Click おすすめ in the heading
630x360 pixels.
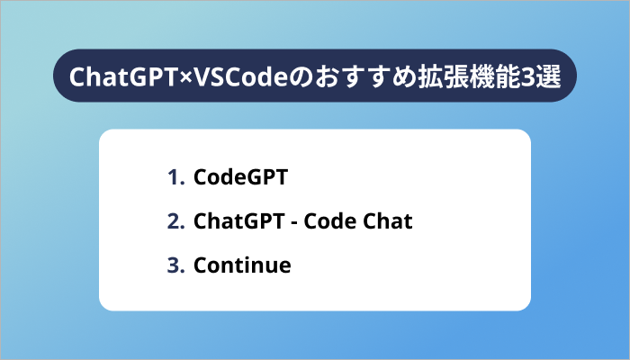342,76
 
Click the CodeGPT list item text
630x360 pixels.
240,177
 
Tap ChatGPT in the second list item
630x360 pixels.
232,221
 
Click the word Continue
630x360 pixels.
242,265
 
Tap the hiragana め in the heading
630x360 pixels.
388,76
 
